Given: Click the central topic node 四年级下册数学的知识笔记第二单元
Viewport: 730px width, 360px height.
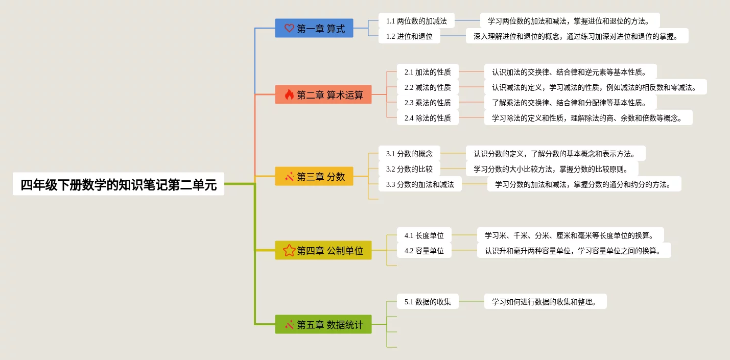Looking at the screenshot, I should [119, 184].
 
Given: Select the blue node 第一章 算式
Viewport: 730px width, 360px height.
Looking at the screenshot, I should [314, 29].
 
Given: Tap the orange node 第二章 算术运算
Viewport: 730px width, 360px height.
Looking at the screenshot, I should [323, 95].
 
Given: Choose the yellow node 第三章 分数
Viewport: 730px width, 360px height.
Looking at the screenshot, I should [314, 177].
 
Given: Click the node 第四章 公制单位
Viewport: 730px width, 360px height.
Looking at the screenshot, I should [323, 251].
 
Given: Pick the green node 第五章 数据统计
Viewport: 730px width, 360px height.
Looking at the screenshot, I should [323, 325].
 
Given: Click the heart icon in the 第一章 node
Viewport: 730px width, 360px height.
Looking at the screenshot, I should [289, 29].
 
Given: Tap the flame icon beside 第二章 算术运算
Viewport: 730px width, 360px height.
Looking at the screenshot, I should [289, 95].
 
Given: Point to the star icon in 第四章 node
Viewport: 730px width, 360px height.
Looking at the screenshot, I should [289, 251].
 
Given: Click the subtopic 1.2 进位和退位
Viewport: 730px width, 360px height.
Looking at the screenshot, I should [409, 36].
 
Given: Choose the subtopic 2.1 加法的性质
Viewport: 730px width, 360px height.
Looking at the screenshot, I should [428, 72].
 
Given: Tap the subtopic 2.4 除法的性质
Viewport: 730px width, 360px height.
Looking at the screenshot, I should [428, 118].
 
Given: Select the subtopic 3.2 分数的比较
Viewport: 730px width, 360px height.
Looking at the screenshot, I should [409, 169].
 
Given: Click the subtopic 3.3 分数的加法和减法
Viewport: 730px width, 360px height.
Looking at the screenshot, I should [420, 184].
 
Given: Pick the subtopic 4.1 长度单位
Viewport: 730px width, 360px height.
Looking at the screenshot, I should [424, 235].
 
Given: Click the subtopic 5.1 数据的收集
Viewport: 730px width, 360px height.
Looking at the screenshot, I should [428, 302].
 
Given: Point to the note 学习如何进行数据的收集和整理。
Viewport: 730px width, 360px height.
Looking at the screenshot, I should [545, 302].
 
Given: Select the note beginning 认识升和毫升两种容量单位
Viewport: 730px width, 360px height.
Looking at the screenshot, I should [574, 251].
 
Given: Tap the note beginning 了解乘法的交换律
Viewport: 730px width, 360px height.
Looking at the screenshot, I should [569, 103].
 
